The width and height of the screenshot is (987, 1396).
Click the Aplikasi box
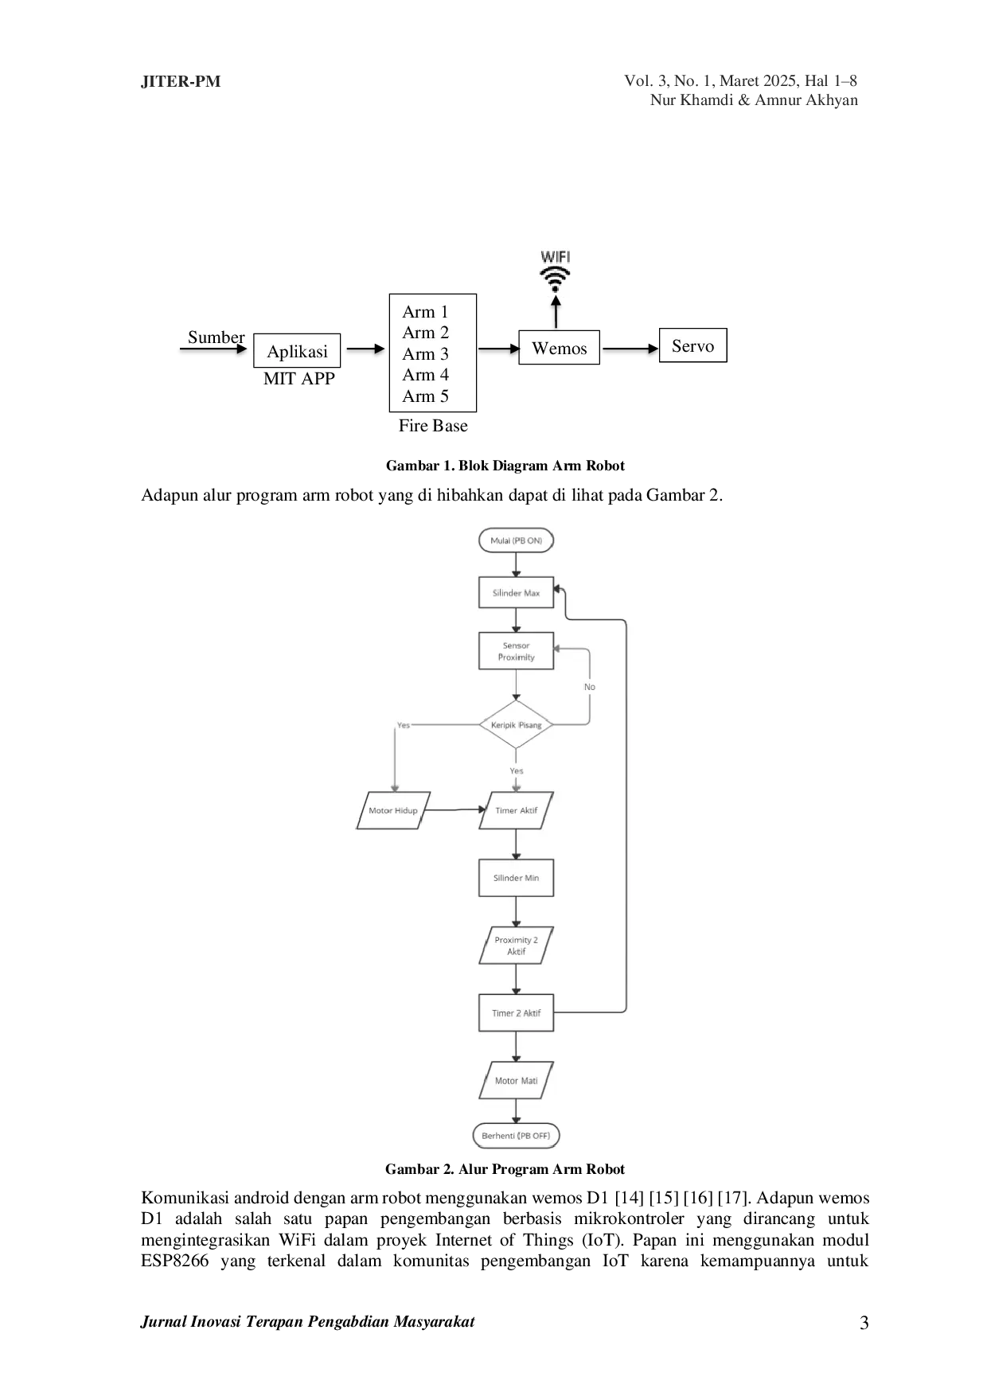(x=297, y=351)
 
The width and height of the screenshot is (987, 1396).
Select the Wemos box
(x=560, y=348)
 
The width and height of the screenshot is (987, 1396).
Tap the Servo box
(x=692, y=345)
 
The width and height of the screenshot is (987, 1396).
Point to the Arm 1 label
(x=425, y=312)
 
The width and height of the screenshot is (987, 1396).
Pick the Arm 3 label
(x=425, y=354)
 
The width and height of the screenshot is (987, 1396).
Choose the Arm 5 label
(x=425, y=396)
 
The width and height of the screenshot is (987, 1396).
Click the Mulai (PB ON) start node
(x=516, y=540)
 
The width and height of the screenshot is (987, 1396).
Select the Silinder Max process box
(x=516, y=593)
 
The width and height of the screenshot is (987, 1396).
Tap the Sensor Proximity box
(x=516, y=651)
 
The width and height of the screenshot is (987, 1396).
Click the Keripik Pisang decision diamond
(x=516, y=725)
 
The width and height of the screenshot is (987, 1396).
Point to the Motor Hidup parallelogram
(x=393, y=810)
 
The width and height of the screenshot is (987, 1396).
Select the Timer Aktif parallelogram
(x=516, y=810)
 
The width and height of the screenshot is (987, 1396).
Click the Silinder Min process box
(x=516, y=878)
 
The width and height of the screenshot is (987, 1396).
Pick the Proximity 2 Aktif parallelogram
(x=516, y=946)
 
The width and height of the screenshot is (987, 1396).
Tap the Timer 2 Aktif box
(x=516, y=1013)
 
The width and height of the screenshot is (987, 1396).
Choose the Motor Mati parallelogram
(x=516, y=1081)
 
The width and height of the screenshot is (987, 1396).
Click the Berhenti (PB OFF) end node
(x=516, y=1136)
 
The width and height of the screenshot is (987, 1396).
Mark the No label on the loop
(x=590, y=687)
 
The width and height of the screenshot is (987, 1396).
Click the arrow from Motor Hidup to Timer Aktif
(x=454, y=810)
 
